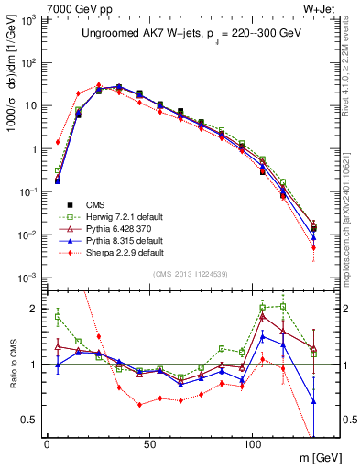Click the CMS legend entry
point(94,204)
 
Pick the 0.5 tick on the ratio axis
point(28,420)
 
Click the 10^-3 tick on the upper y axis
point(25,278)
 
